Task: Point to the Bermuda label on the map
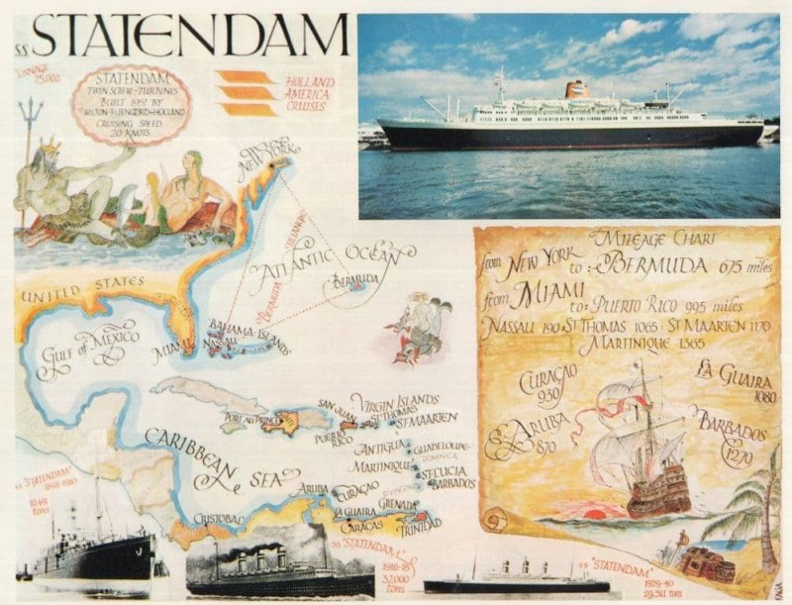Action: [355, 282]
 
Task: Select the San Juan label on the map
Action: [336, 404]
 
